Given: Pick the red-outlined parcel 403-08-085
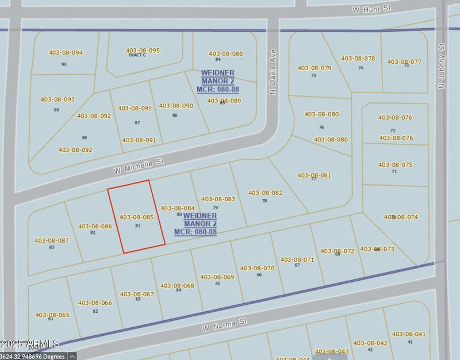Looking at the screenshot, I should (136, 217).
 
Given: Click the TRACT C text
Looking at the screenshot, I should (136, 55).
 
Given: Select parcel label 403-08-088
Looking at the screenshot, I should (225, 53).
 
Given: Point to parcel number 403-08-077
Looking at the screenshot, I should (404, 62).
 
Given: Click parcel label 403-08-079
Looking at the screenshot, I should (315, 68).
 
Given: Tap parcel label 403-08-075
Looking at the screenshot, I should (395, 164).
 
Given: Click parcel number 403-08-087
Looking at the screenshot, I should (52, 240).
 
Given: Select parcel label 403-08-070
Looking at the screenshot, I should (257, 268).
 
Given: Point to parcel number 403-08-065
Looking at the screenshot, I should (52, 315).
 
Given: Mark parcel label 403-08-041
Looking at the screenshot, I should (408, 334).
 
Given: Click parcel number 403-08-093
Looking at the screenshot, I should (57, 99).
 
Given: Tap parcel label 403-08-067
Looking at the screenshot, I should (137, 294).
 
